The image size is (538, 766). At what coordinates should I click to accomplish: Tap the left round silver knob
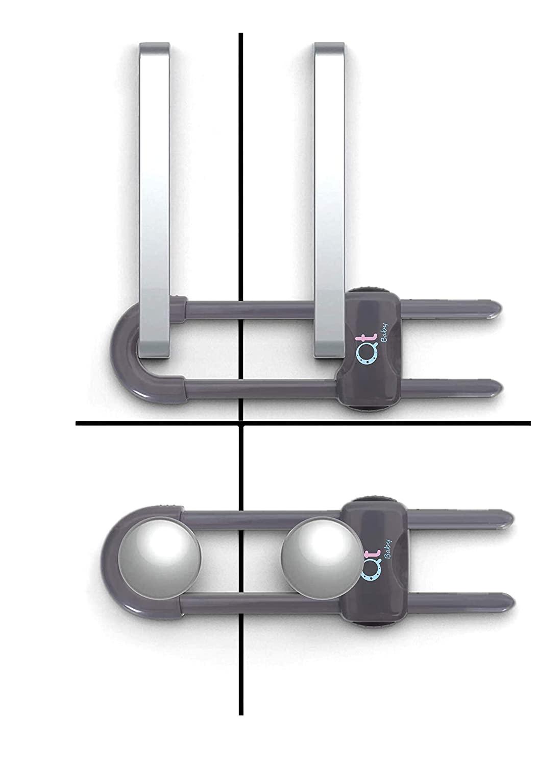pyautogui.click(x=159, y=557)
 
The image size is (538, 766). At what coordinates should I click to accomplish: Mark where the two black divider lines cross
pyautogui.click(x=241, y=423)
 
